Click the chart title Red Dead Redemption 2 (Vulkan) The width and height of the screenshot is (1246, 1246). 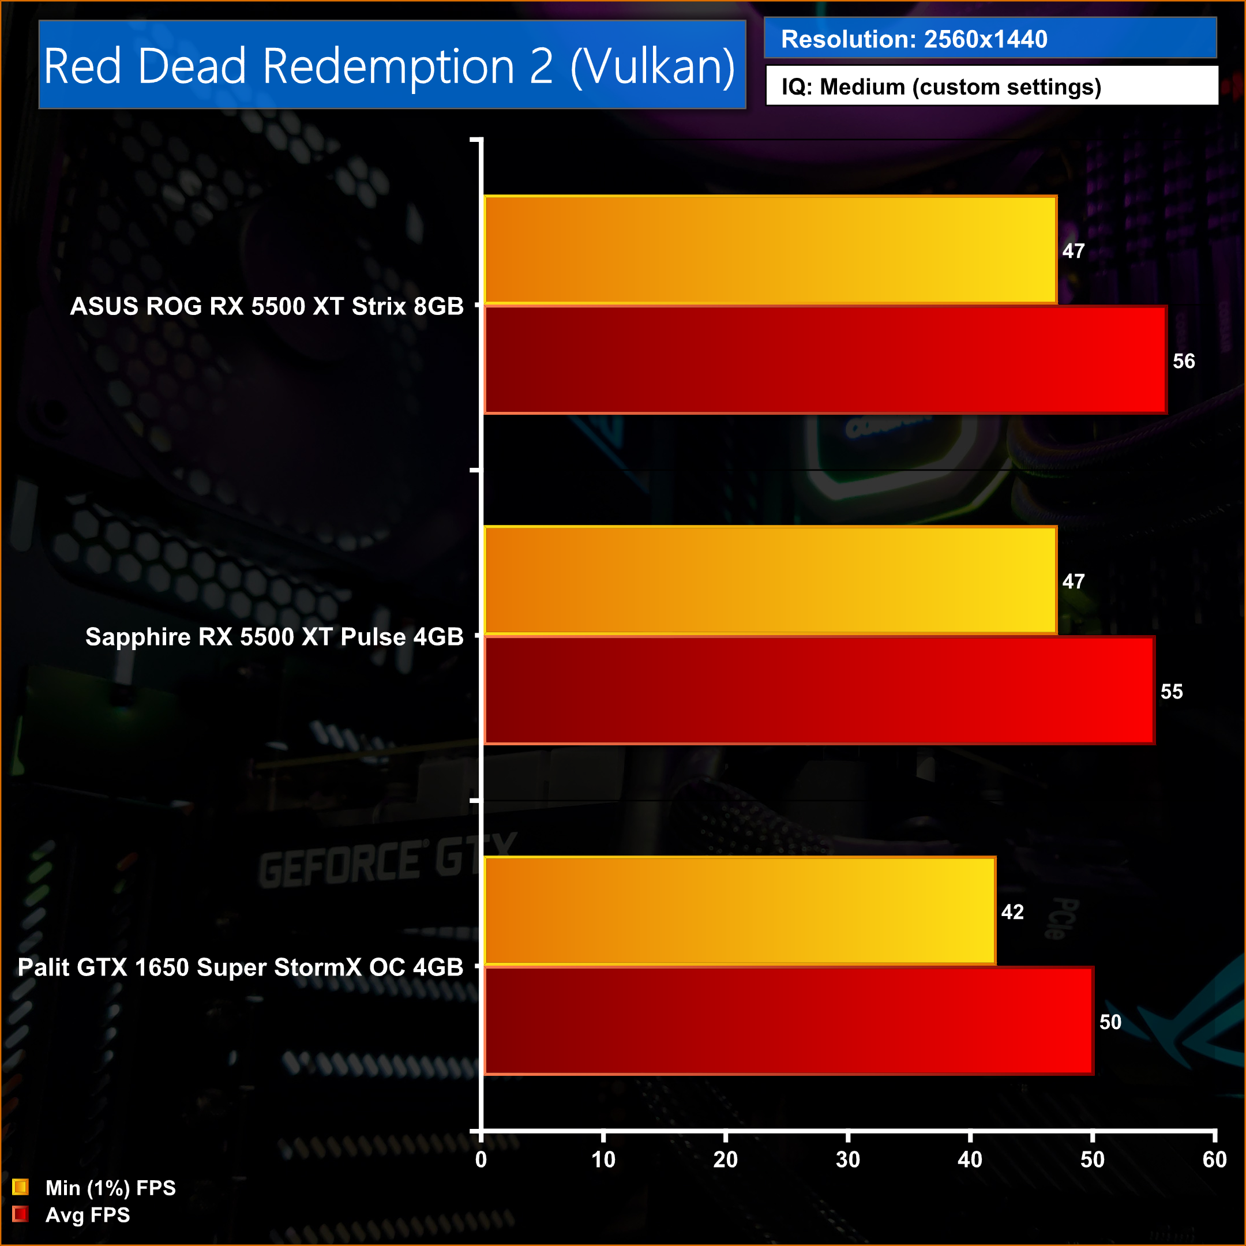(389, 66)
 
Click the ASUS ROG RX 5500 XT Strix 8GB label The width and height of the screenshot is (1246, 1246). (267, 306)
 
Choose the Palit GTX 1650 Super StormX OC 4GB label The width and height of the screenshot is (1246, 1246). (240, 967)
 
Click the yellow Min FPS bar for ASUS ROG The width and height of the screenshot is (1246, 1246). (770, 250)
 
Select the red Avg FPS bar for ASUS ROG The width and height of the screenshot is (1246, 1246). (825, 360)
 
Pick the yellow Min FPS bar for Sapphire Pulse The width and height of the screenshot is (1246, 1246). (770, 580)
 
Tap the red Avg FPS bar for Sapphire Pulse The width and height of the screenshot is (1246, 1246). (819, 690)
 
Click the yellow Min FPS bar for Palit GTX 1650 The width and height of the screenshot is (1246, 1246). (740, 911)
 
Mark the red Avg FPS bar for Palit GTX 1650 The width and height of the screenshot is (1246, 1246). (788, 1021)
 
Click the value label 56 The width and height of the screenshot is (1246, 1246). (1184, 361)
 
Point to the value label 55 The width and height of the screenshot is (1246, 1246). (1171, 692)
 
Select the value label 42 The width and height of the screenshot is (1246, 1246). (1012, 912)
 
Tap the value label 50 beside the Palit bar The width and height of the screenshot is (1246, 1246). (1110, 1022)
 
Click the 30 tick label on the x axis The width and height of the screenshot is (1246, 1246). (847, 1159)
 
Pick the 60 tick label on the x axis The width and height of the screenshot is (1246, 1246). (1214, 1159)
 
